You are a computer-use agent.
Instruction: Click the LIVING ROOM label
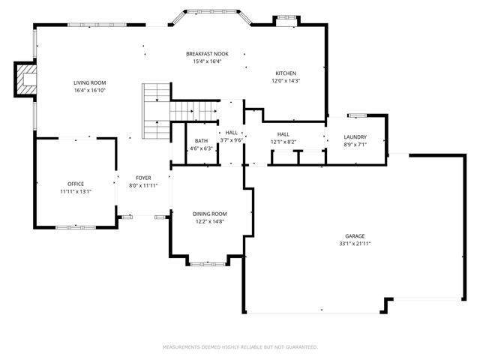89,82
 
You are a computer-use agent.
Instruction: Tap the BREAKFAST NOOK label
207,54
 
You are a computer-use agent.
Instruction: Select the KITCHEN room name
285,73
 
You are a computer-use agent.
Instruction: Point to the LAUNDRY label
355,137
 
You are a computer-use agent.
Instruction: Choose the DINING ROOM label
210,214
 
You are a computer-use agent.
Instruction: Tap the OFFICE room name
75,184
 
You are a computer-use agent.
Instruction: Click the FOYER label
143,178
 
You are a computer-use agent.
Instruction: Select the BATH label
201,141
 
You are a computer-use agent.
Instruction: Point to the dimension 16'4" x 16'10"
89,90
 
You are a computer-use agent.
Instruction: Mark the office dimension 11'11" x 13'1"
75,191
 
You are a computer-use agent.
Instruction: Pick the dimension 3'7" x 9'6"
232,140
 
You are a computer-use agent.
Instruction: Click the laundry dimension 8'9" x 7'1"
355,144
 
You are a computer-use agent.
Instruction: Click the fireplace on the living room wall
26,79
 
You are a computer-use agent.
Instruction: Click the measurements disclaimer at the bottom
240,347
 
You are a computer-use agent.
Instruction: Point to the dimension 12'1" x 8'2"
283,141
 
